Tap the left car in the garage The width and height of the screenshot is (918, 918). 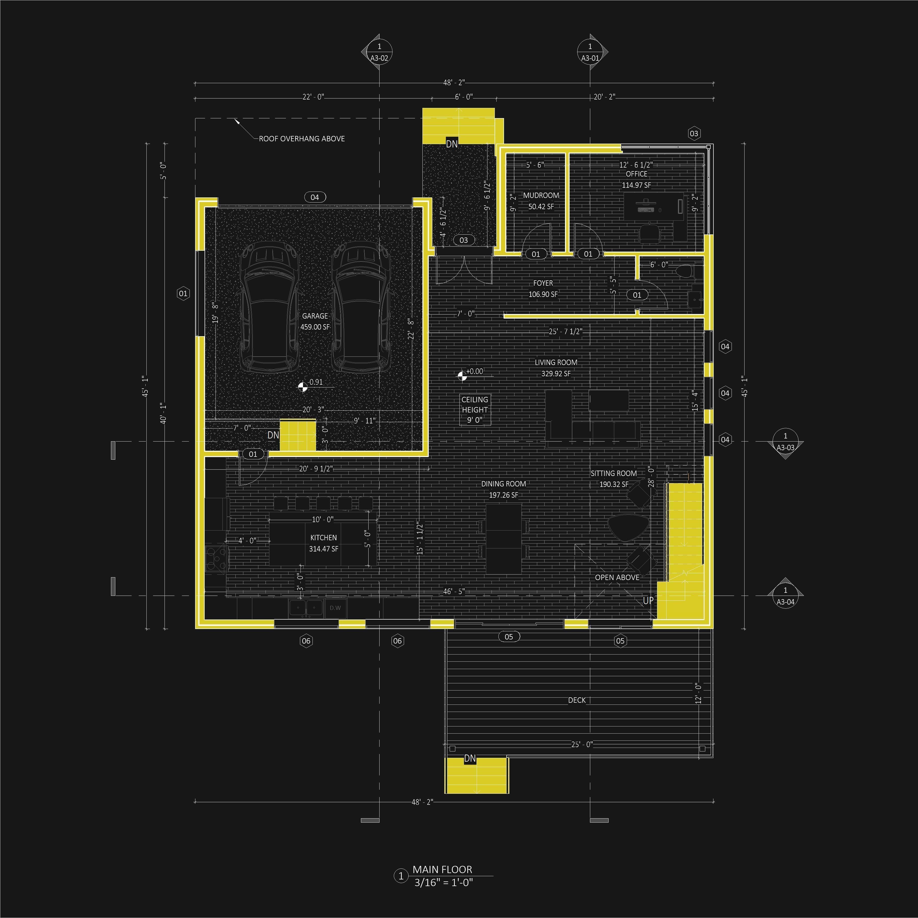coord(269,307)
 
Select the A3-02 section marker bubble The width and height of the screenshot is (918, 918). coord(379,52)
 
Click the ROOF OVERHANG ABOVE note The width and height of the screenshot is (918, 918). coord(302,139)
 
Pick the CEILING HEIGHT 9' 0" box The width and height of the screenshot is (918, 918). coord(475,410)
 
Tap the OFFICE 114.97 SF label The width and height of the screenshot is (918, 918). coord(636,180)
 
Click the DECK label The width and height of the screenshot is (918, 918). coord(576,700)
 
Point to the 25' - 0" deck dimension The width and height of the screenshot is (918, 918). coord(582,744)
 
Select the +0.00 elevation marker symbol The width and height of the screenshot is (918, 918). coord(461,376)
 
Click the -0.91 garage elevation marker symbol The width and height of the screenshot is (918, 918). coord(302,387)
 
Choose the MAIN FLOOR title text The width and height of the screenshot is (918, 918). coord(442,870)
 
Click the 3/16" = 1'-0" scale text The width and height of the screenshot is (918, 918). coord(443,882)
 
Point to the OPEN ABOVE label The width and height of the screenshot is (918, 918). coord(617,577)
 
